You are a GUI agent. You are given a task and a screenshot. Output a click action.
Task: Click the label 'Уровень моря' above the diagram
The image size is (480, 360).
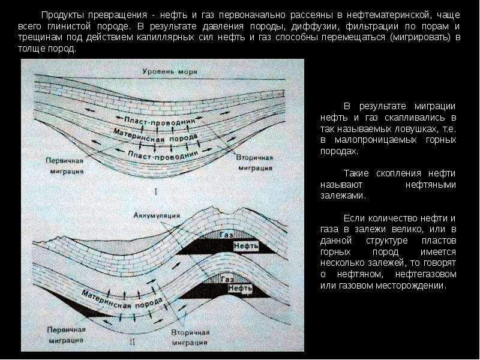pyautogui.click(x=170, y=71)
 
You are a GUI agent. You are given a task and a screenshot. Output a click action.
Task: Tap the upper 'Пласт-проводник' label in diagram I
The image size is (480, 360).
pyautogui.click(x=159, y=121)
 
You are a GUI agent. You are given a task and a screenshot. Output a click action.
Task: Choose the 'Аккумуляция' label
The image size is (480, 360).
pyautogui.click(x=157, y=215)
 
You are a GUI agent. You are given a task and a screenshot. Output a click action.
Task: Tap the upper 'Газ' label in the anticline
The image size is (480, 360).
pyautogui.click(x=226, y=235)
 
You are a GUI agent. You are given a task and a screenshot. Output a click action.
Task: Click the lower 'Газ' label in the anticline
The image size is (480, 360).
pyautogui.click(x=227, y=279)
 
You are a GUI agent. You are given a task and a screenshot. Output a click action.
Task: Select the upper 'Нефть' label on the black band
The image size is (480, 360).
pyautogui.click(x=246, y=246)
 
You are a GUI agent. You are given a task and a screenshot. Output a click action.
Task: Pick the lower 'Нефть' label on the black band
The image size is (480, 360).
pyautogui.click(x=241, y=288)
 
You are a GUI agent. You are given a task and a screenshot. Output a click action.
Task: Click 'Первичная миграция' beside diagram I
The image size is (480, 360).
pyautogui.click(x=65, y=166)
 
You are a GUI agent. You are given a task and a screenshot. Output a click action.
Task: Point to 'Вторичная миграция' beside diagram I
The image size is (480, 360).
pyautogui.click(x=254, y=163)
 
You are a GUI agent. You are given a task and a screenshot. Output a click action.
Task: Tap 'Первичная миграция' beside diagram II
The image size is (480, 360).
pyautogui.click(x=66, y=335)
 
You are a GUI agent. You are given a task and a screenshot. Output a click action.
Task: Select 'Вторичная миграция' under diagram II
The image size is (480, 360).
pyautogui.click(x=190, y=338)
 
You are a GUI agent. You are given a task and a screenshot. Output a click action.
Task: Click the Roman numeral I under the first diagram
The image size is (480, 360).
pyautogui.click(x=156, y=192)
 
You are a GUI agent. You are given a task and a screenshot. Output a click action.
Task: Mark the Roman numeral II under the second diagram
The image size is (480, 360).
pyautogui.click(x=132, y=342)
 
